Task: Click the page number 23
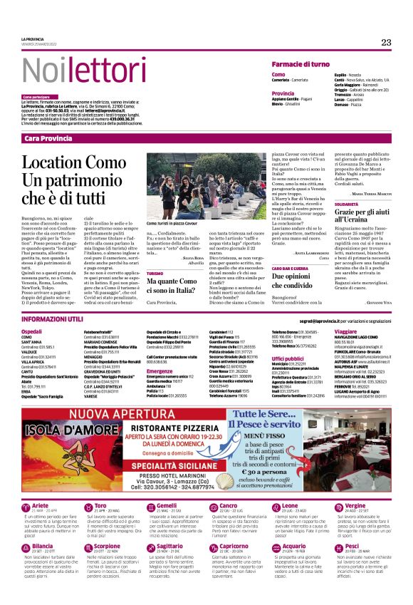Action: click(386, 42)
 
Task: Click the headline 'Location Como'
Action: click(83, 162)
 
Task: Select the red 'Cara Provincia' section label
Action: click(47, 138)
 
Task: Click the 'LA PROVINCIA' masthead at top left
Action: click(33, 38)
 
